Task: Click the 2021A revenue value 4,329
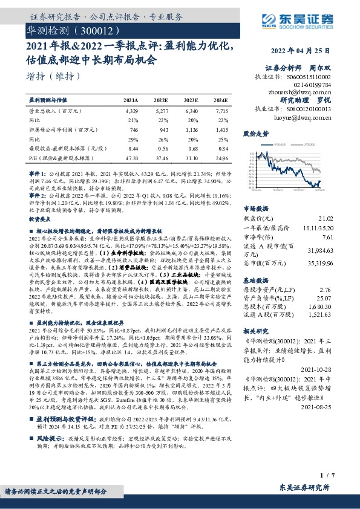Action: click(x=131, y=111)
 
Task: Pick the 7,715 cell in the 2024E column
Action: click(x=221, y=111)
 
